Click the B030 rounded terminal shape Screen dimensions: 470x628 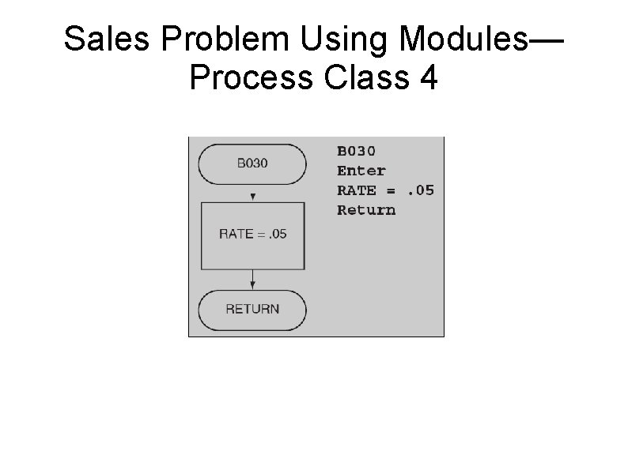pos(252,164)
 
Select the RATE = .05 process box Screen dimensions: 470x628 pos(252,234)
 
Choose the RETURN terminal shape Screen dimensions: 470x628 pos(252,309)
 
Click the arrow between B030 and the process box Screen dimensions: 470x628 pos(252,194)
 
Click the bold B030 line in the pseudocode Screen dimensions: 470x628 pos(357,151)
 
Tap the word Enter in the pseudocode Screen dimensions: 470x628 pos(361,171)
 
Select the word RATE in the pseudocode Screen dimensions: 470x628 pos(357,190)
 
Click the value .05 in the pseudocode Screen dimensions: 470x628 pos(420,190)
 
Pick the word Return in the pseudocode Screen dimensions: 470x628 pos(366,210)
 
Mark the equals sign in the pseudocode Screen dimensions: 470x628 pos(391,190)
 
